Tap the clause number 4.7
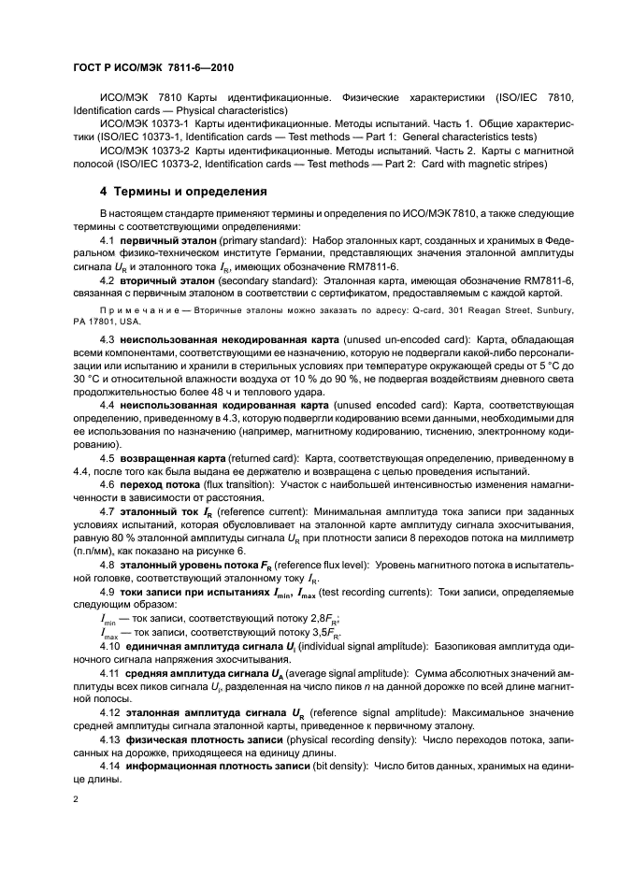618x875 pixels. tap(108, 513)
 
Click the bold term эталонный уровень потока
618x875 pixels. tap(185, 567)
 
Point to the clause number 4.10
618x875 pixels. tap(110, 647)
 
